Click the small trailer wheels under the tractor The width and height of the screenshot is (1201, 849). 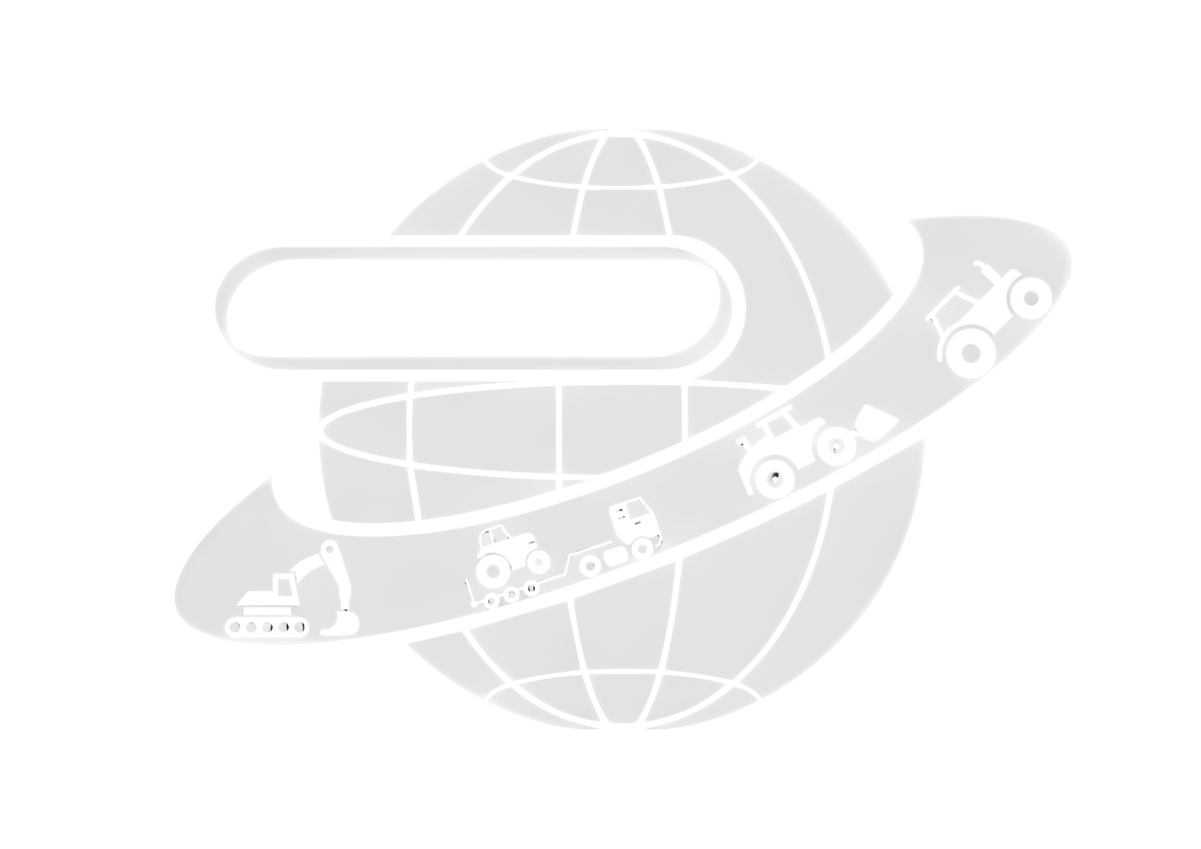coord(511,594)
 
